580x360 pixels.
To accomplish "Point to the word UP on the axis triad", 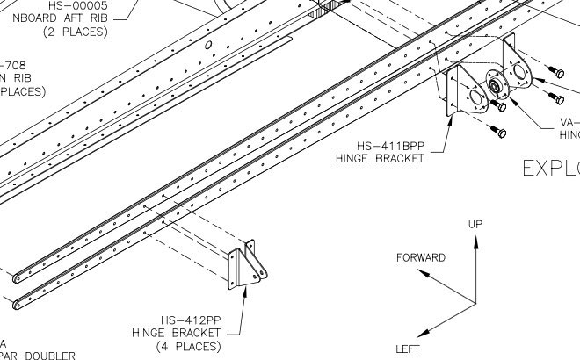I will pos(475,225).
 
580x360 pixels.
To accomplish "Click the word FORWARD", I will pos(420,258).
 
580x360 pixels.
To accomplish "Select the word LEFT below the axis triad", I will pos(408,349).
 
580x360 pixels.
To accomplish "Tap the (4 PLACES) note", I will pos(189,346).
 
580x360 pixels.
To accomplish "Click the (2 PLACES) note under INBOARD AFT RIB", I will pos(75,32).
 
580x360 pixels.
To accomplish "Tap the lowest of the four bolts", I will pos(499,133).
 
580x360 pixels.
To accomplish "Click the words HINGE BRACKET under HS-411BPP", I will pos(380,159).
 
